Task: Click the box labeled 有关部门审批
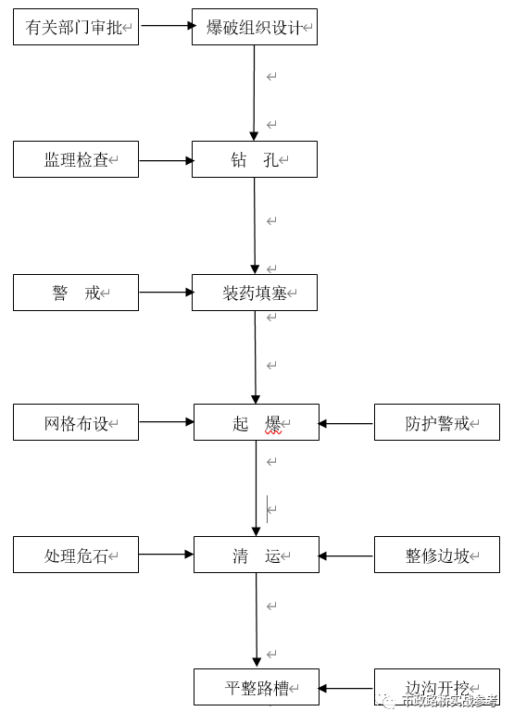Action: pyautogui.click(x=76, y=28)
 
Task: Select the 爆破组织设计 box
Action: pyautogui.click(x=255, y=28)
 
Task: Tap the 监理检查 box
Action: pyautogui.click(x=76, y=160)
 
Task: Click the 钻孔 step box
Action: pyautogui.click(x=255, y=160)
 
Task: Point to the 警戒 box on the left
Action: pyautogui.click(x=76, y=293)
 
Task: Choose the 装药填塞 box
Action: pyautogui.click(x=255, y=293)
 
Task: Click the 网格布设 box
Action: pyautogui.click(x=76, y=423)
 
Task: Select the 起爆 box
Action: pyautogui.click(x=257, y=423)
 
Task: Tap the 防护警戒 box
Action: pyautogui.click(x=436, y=423)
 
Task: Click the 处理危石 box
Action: pyautogui.click(x=76, y=555)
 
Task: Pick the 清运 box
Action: pyautogui.click(x=257, y=555)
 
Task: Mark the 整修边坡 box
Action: pyautogui.click(x=436, y=555)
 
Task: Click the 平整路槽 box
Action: pyautogui.click(x=257, y=688)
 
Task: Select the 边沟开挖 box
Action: pyautogui.click(x=436, y=688)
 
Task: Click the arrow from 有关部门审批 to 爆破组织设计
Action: pyautogui.click(x=166, y=26)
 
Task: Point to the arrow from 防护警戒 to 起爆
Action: pyautogui.click(x=346, y=424)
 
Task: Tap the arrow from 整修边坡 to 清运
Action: pyautogui.click(x=346, y=556)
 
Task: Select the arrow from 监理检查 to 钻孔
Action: pyautogui.click(x=166, y=160)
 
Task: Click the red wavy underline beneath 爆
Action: pyautogui.click(x=273, y=432)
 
